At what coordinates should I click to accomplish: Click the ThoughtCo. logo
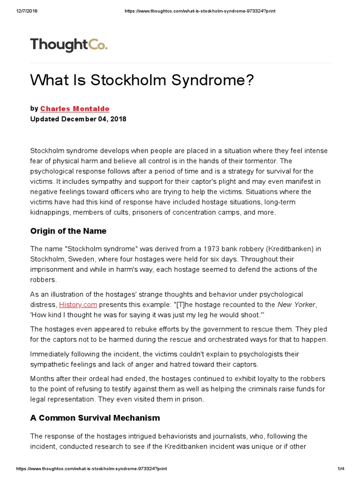[x=69, y=45]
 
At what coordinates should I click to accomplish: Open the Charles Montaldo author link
[x=75, y=109]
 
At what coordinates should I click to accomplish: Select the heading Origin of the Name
[x=68, y=231]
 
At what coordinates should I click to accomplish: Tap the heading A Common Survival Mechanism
[x=95, y=418]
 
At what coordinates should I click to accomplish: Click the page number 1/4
[x=341, y=469]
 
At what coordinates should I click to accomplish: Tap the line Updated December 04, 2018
[x=78, y=119]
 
